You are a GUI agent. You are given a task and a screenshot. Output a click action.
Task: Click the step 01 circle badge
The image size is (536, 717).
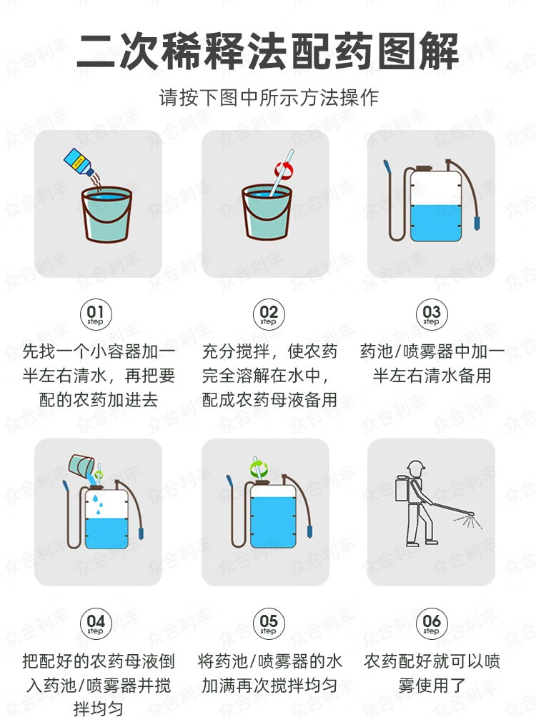pyautogui.click(x=95, y=314)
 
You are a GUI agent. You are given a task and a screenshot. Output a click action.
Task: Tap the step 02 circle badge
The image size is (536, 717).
pyautogui.click(x=269, y=314)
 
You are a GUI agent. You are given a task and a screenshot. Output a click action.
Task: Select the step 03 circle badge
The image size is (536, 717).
pyautogui.click(x=431, y=314)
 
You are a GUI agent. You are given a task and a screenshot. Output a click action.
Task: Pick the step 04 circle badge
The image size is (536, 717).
pyautogui.click(x=95, y=623)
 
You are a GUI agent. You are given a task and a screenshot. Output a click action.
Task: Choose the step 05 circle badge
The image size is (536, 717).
pyautogui.click(x=269, y=623)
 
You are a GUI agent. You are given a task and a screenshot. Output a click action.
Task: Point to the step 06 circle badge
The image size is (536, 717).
pyautogui.click(x=431, y=623)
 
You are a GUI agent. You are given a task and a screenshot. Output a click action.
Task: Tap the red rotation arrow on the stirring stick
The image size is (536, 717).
pyautogui.click(x=283, y=170)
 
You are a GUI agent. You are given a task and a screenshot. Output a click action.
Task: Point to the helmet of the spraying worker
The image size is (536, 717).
pyautogui.click(x=416, y=467)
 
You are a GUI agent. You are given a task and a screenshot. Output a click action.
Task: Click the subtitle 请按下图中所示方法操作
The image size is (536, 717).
pyautogui.click(x=269, y=97)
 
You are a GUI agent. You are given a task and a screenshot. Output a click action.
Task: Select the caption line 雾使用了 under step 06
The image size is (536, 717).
pyautogui.click(x=432, y=685)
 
